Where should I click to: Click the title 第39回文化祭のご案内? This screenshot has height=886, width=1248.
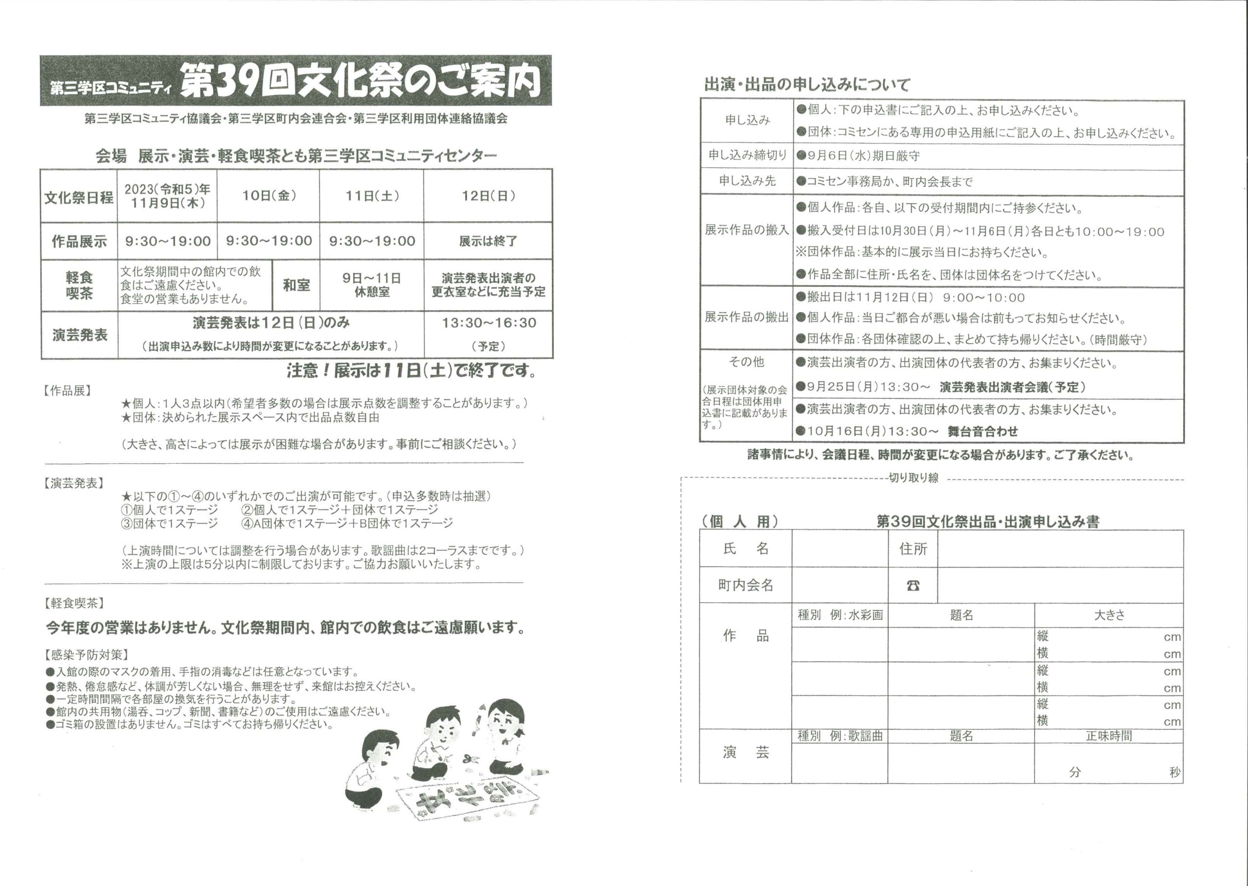click(360, 81)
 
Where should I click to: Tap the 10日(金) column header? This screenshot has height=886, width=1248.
click(269, 196)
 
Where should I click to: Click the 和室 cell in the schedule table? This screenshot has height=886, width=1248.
click(296, 285)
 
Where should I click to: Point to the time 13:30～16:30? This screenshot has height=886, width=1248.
click(489, 323)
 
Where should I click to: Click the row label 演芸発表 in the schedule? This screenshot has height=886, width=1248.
click(79, 335)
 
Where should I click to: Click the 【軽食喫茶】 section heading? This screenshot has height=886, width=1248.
click(74, 603)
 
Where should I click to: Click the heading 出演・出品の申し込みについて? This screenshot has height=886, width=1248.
click(807, 84)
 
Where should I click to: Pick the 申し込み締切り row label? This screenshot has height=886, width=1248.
click(747, 156)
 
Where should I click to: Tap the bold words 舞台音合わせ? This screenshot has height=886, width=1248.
click(983, 432)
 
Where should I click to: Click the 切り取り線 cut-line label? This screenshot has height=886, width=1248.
click(914, 478)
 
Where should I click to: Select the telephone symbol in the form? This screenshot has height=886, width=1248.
click(913, 586)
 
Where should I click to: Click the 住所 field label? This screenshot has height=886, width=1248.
click(913, 549)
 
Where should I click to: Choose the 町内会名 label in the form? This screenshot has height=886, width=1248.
click(746, 586)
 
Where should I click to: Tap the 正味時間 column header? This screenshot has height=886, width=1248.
click(1109, 736)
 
